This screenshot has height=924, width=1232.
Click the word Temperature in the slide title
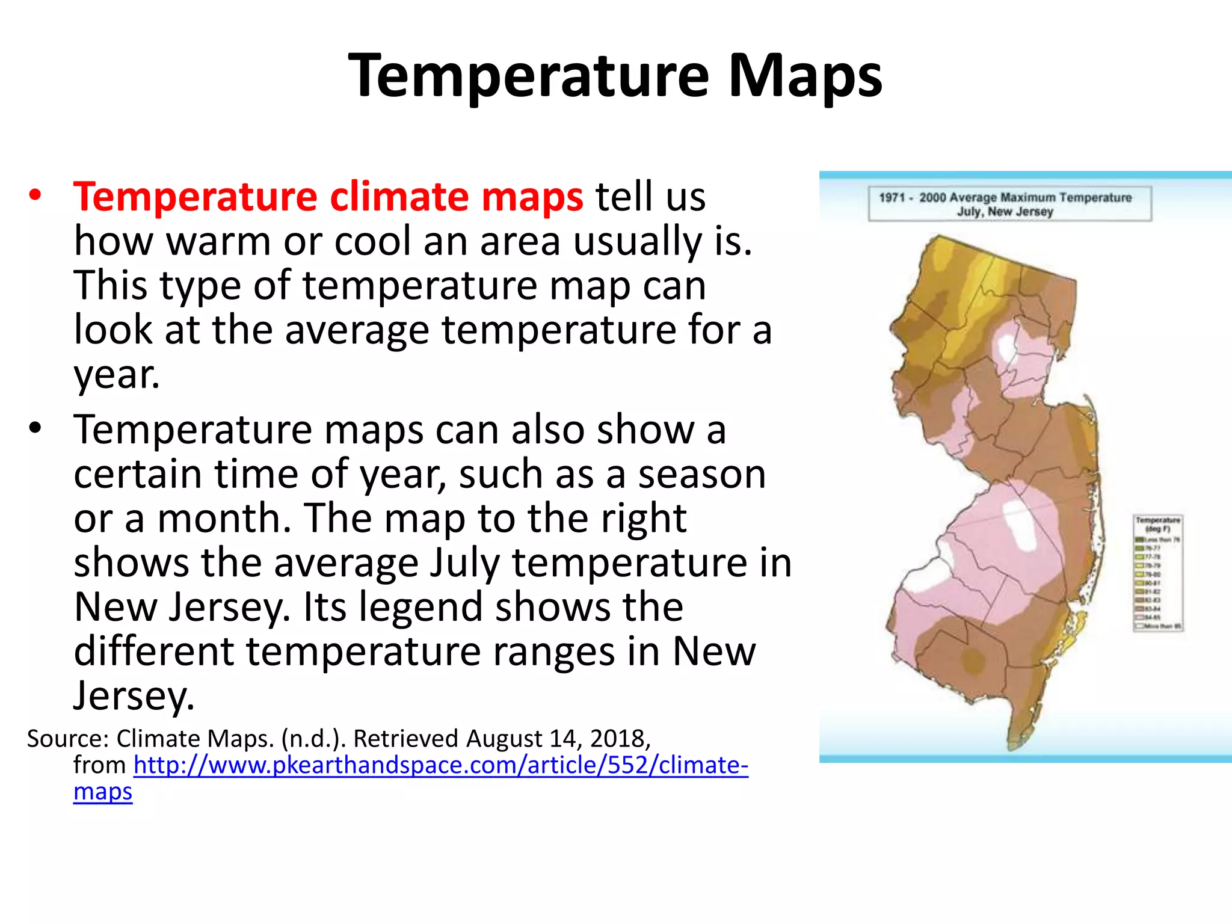529,76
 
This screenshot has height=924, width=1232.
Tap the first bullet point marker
35,196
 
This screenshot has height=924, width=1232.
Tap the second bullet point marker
35,428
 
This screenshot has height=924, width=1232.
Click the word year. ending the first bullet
117,374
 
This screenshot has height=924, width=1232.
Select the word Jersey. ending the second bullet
134,696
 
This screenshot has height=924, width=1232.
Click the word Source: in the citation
67,738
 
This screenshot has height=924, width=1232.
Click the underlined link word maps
103,792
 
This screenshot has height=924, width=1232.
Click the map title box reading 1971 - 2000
1009,204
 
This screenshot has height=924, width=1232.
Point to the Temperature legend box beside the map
1157,573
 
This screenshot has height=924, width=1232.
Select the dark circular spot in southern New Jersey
972,661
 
